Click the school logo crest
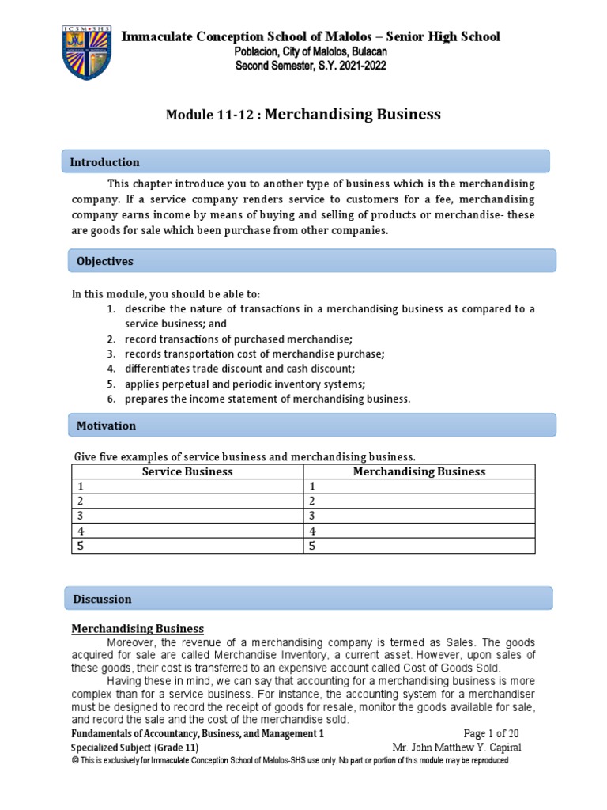(87, 51)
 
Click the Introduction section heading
(104, 162)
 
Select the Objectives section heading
(104, 261)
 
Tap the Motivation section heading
(106, 426)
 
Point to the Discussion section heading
(103, 599)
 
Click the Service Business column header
(187, 471)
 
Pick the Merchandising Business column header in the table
(419, 471)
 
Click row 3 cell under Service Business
(187, 516)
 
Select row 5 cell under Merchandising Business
(419, 545)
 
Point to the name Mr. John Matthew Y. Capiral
(457, 748)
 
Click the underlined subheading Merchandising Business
(138, 629)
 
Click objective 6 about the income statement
(267, 399)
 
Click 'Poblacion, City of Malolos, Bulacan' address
(311, 51)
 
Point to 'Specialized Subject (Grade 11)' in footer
(134, 748)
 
